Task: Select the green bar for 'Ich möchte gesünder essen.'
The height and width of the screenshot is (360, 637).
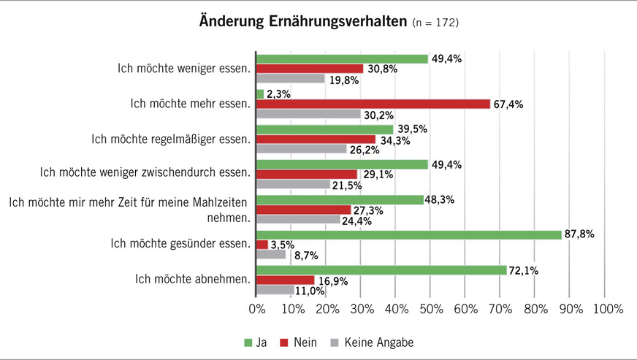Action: [x=408, y=234]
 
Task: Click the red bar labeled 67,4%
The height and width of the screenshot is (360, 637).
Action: [x=373, y=104]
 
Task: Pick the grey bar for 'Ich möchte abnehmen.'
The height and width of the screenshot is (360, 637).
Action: [x=275, y=290]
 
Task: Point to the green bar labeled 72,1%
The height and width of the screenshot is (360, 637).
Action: [x=381, y=270]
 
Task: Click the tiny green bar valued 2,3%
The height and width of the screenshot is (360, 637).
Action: [x=260, y=93]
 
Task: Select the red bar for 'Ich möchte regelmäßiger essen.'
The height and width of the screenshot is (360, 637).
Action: [x=316, y=139]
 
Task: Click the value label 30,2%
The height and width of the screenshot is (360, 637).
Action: [x=379, y=114]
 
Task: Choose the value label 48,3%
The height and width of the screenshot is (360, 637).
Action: [x=441, y=199]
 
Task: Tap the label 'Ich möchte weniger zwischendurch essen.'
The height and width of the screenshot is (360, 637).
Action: [x=144, y=173]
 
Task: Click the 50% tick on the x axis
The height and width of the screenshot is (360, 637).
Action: [x=430, y=310]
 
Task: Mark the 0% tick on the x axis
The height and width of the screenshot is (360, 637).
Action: [x=256, y=310]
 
